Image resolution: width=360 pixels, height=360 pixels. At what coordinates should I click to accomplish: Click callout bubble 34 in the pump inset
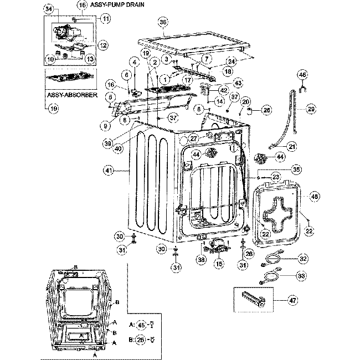pos(49,10)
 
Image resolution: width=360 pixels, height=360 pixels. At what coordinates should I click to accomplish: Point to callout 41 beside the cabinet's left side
pos(107,171)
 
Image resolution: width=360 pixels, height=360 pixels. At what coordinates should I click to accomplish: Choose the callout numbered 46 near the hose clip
pos(302,74)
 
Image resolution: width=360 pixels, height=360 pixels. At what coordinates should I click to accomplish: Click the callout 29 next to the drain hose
pos(311,109)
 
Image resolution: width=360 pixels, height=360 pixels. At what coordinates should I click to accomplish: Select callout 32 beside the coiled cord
pos(303,258)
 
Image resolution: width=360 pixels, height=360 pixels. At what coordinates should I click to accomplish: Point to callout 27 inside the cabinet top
pos(193,138)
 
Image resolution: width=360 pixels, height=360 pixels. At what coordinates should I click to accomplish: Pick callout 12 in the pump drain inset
pos(103,44)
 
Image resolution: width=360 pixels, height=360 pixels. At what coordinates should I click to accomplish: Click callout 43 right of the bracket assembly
pos(238,83)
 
